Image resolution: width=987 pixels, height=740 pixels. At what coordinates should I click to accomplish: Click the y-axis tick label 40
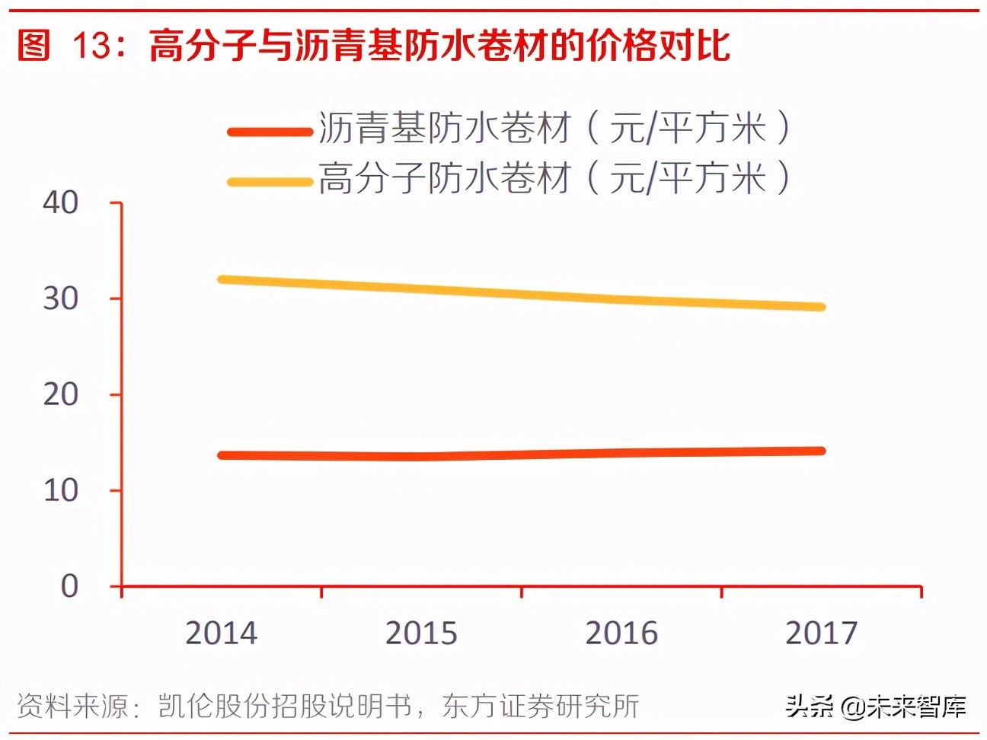(x=60, y=203)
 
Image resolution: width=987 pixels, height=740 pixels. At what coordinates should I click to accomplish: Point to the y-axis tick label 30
(x=60, y=298)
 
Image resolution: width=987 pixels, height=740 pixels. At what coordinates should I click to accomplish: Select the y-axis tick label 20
(x=60, y=394)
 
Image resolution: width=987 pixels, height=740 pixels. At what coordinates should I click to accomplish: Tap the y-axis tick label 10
(x=60, y=490)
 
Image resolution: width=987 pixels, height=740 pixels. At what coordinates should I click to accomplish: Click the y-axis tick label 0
(x=69, y=586)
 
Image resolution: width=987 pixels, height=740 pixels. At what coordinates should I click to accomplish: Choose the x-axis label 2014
(x=222, y=633)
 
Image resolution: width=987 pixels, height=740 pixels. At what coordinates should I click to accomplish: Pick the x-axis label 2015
(x=421, y=633)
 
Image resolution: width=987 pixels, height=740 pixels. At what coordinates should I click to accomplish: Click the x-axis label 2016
(x=621, y=633)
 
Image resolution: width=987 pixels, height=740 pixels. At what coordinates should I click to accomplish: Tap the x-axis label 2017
(x=821, y=633)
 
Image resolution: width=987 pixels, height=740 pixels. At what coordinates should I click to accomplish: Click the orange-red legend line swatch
(x=270, y=132)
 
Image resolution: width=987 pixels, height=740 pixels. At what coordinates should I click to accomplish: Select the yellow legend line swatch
(x=270, y=182)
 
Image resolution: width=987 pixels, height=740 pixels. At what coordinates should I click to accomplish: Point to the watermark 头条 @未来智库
(x=876, y=707)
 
